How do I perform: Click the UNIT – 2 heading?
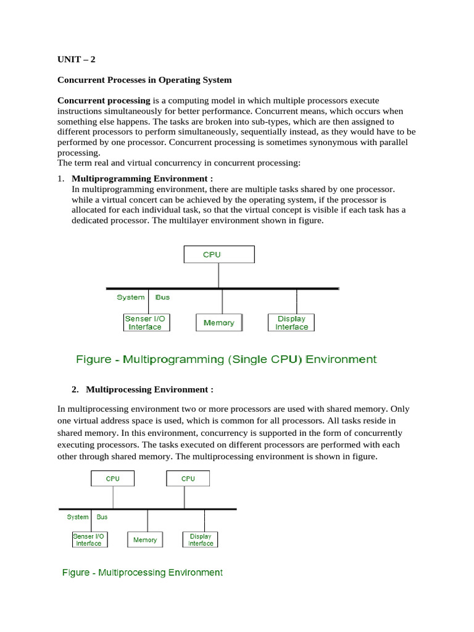[x=77, y=60]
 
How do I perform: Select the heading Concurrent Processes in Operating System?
[x=144, y=80]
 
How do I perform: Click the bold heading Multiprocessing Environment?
[x=149, y=389]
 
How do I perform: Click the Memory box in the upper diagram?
[x=219, y=323]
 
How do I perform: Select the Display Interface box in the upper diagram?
[x=291, y=323]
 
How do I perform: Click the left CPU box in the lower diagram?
[x=112, y=478]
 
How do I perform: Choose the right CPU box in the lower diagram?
[x=188, y=478]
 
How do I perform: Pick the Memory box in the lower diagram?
[x=145, y=539]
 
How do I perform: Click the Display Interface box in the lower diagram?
[x=201, y=539]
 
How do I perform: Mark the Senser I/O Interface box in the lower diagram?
[x=89, y=539]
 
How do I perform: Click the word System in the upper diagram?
[x=131, y=297]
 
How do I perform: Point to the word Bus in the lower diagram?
[x=102, y=517]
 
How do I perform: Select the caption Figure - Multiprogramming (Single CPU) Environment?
[x=226, y=359]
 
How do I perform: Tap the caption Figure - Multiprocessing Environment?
[x=143, y=573]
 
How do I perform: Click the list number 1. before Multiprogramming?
[x=60, y=178]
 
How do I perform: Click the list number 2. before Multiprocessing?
[x=75, y=389]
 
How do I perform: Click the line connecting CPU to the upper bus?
[x=218, y=276]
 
